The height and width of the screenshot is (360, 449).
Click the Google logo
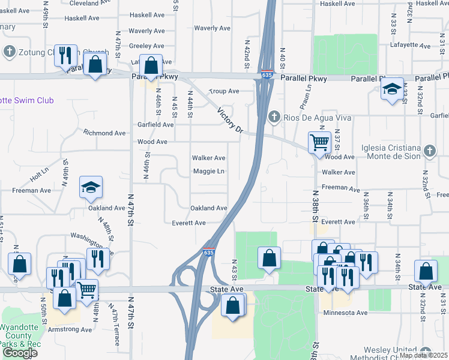[20, 353]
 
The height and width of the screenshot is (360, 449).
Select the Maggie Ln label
[208, 172]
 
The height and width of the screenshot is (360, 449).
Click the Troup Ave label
[223, 91]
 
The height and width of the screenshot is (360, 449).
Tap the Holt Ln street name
[39, 175]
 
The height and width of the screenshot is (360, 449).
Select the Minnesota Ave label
[344, 313]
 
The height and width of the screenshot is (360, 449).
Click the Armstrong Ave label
[71, 329]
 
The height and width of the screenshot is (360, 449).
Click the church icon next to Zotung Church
[9, 52]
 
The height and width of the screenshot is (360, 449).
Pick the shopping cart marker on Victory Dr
[319, 143]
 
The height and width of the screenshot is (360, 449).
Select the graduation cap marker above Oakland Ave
[91, 188]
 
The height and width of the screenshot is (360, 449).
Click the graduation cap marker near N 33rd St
[392, 90]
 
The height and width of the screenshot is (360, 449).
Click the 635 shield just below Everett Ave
[208, 253]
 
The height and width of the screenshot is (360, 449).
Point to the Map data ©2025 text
[423, 355]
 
